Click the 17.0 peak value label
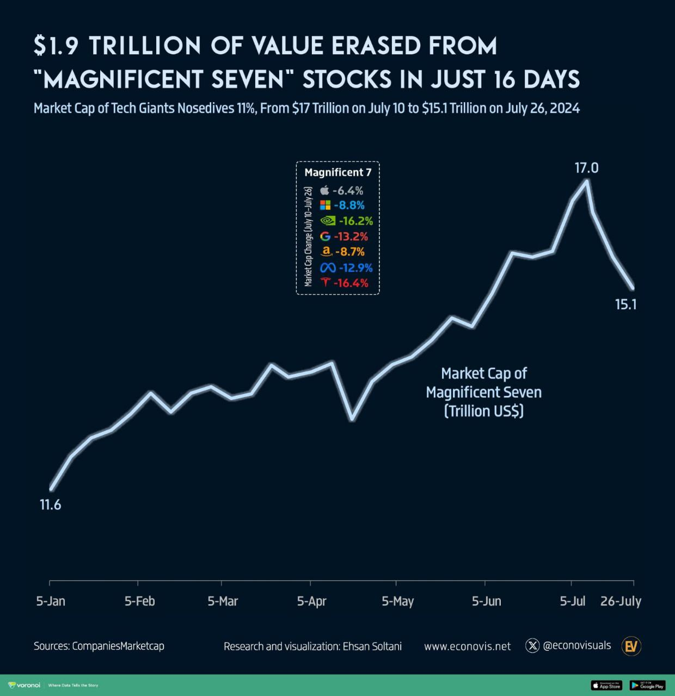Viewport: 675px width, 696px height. click(586, 168)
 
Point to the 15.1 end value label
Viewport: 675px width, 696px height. click(625, 304)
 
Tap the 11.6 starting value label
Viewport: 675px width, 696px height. click(50, 505)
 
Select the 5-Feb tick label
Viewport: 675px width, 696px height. click(139, 601)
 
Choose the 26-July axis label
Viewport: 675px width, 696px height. click(621, 601)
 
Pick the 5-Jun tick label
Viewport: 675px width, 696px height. click(486, 601)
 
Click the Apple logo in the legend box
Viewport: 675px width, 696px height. click(325, 190)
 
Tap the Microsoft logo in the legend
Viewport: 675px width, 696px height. click(325, 205)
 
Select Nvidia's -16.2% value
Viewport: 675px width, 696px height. click(355, 221)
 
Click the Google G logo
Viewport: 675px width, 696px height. click(326, 237)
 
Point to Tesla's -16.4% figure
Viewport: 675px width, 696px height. click(351, 283)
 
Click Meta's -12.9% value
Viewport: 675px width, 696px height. click(355, 268)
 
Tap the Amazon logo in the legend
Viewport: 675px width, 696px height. click(326, 251)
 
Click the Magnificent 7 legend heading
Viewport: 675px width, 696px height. click(337, 172)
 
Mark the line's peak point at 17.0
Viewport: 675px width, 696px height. click(587, 181)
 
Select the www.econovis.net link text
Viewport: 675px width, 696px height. click(467, 646)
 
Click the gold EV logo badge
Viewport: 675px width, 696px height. click(632, 646)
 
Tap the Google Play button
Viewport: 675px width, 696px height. click(647, 686)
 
